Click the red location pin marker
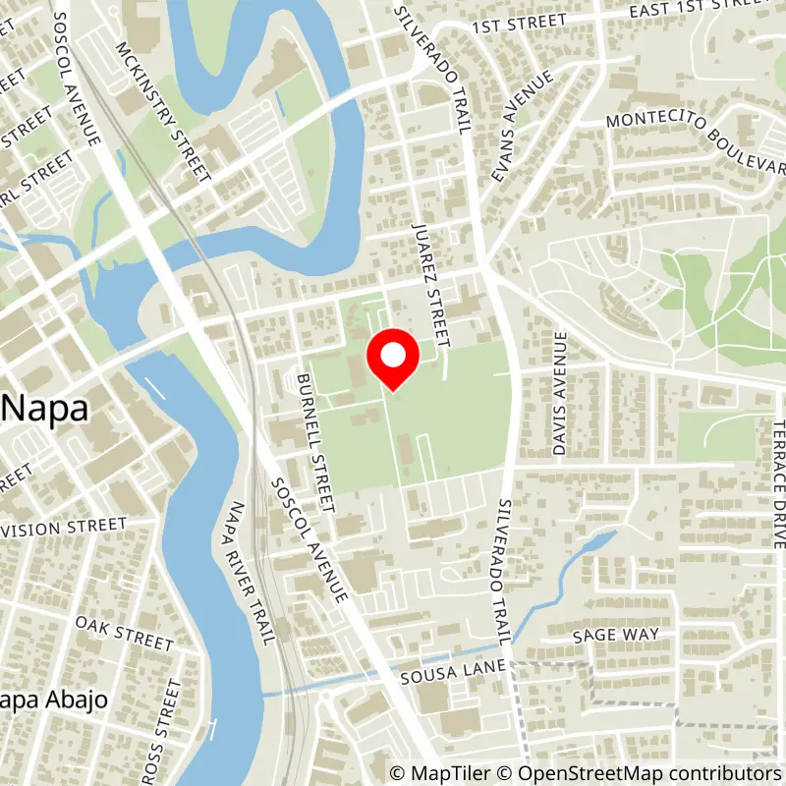point(393,360)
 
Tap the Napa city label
point(45,408)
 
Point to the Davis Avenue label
point(560,393)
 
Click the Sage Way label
point(615,635)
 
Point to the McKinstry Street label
point(162,111)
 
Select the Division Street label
point(64,528)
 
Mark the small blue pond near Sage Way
point(594,543)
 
